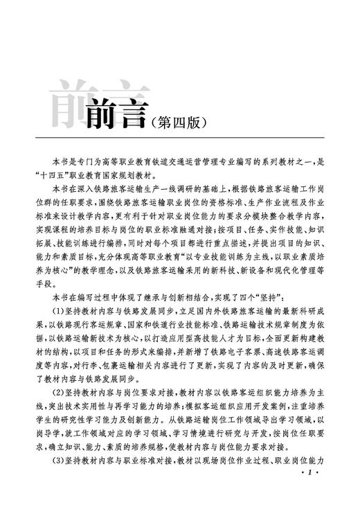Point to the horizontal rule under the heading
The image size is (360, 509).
(180, 138)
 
